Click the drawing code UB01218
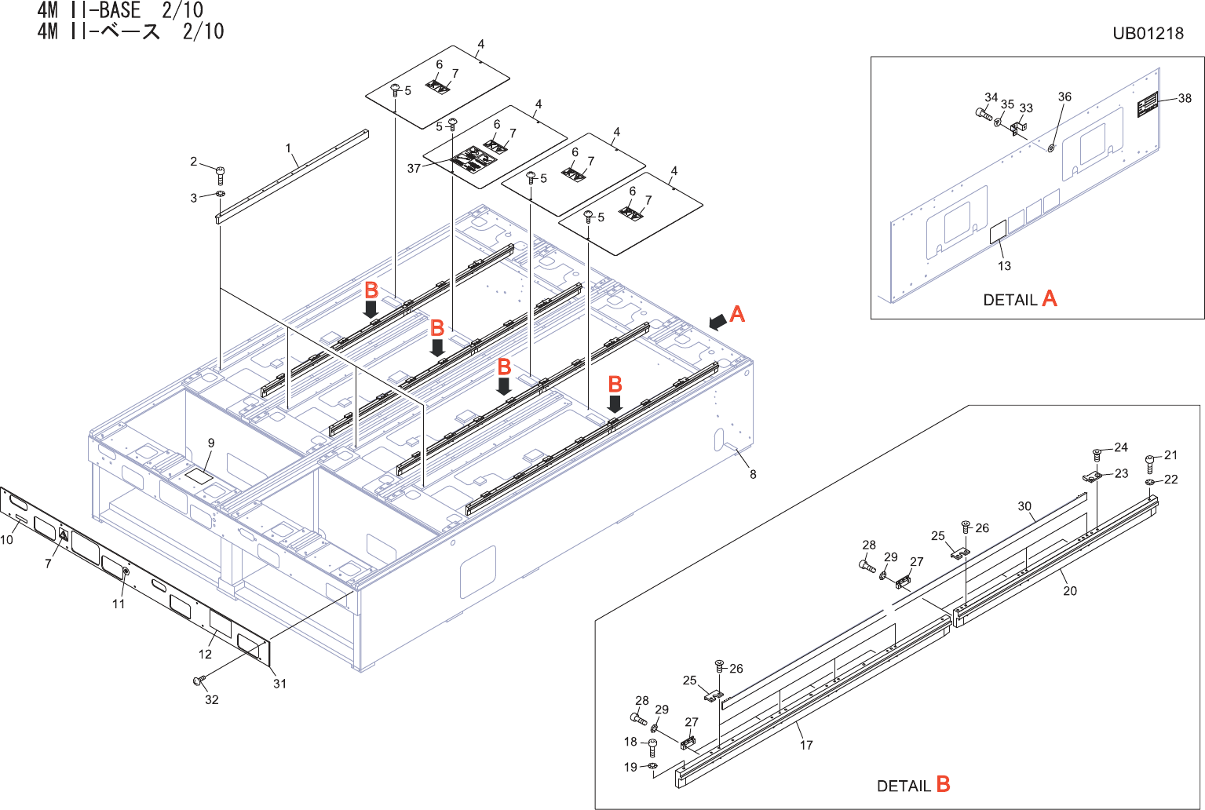1147,33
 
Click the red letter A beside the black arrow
736,314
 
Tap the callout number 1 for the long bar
288,148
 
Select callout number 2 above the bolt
194,162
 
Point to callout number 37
414,168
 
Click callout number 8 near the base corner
753,474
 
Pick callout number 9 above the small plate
210,443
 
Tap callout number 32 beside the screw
211,699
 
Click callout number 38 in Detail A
1185,98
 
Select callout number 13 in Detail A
1004,266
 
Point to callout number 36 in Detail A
1064,97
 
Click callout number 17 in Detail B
806,745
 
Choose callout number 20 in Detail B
1069,591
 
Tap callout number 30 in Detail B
1024,506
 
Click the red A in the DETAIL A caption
1049,299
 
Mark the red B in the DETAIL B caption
943,784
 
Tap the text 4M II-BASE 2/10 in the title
120,11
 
